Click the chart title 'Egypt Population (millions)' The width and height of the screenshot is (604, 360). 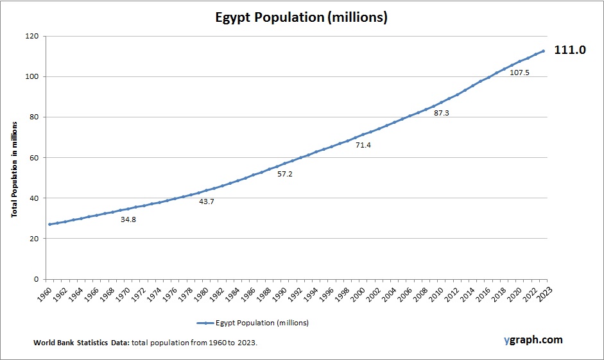point(301,17)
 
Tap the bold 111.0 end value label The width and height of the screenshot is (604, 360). point(570,49)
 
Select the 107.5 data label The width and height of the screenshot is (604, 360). point(519,73)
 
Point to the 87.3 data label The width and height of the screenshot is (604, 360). point(442,112)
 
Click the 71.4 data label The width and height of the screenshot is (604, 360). point(363,145)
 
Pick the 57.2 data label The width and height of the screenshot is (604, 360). point(285,174)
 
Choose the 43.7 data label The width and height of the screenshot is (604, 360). point(207,201)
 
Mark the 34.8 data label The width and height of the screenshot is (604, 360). point(128,219)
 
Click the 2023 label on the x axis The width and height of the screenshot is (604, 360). point(545,295)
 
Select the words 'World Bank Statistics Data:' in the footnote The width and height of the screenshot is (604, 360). point(82,343)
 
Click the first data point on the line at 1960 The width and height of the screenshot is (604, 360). point(49,224)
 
